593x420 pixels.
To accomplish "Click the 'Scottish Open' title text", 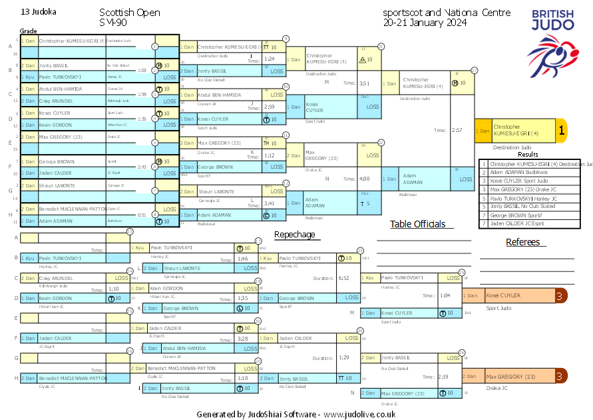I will tap(130, 13).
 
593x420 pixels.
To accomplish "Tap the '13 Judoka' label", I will tap(39, 12).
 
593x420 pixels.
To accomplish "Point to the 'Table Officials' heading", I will tap(417, 224).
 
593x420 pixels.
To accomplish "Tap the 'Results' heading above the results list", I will tap(528, 155).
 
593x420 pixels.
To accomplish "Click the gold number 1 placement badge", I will tap(561, 131).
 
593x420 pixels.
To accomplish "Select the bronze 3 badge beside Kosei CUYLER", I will tap(561, 296).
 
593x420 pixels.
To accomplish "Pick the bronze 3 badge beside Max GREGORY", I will tap(561, 377).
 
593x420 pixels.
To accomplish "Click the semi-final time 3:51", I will tap(364, 83).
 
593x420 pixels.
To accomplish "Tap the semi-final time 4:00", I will tap(364, 179).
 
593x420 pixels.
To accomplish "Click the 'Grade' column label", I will tap(28, 31).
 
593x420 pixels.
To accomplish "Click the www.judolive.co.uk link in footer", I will tap(360, 414).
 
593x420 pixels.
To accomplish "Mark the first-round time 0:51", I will tap(142, 215).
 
